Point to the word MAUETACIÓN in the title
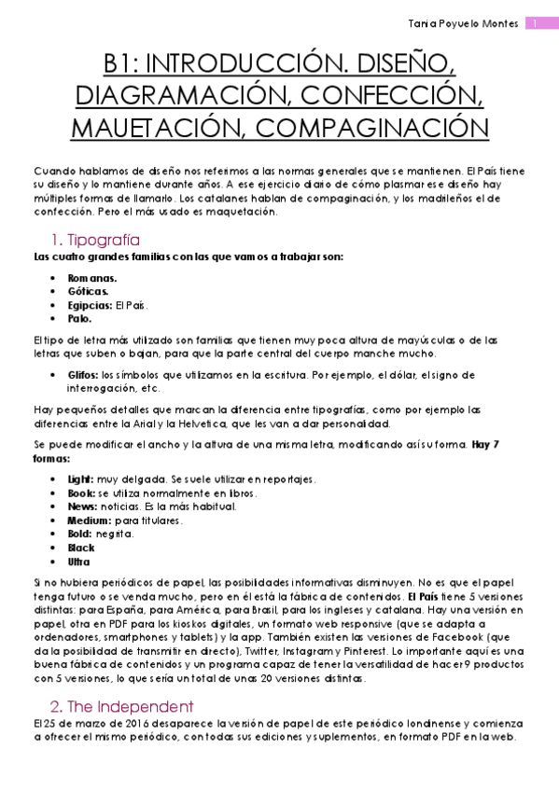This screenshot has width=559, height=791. coord(153,126)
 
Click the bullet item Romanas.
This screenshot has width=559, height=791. coord(92,278)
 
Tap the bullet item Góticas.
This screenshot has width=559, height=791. coord(89,291)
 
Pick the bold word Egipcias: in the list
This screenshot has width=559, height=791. coord(90,305)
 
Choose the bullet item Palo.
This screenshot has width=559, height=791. coord(79,318)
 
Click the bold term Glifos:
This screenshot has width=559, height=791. coord(83,374)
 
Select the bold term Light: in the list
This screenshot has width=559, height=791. coord(81,479)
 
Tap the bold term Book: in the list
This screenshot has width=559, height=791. coord(81,493)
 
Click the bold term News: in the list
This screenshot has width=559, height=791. coord(82,507)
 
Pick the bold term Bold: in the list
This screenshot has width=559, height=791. coord(80,534)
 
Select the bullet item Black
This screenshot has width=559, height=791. coord(81,548)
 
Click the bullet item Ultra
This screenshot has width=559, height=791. coord(79,562)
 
